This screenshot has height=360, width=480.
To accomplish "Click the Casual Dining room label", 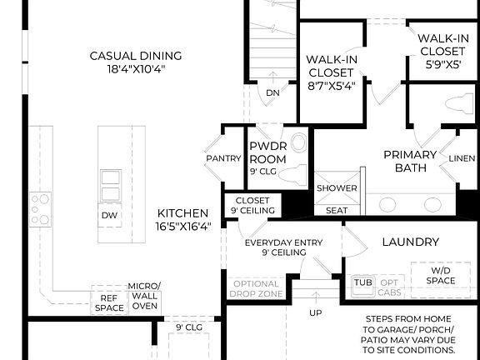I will pyautogui.click(x=136, y=62).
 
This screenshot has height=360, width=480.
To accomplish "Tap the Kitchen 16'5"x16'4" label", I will pyautogui.click(x=183, y=219).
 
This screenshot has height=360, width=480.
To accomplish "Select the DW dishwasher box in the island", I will pyautogui.click(x=110, y=214).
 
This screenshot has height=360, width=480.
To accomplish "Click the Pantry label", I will pyautogui.click(x=222, y=158).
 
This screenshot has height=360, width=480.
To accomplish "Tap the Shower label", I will pyautogui.click(x=336, y=188).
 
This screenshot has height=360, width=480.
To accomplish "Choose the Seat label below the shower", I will pyautogui.click(x=336, y=210).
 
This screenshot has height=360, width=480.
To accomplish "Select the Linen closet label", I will pyautogui.click(x=462, y=158).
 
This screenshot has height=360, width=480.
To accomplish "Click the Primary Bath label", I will pyautogui.click(x=410, y=161).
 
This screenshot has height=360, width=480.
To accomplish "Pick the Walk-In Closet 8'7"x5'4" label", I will pyautogui.click(x=332, y=72).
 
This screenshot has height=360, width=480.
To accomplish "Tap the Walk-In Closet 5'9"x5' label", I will pyautogui.click(x=442, y=50).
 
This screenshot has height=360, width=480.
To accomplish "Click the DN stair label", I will pyautogui.click(x=272, y=93).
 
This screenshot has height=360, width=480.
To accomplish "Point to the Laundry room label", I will pyautogui.click(x=410, y=242).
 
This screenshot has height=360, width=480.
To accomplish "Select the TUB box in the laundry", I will pyautogui.click(x=363, y=282).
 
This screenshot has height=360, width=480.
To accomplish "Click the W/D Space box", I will pyautogui.click(x=442, y=275).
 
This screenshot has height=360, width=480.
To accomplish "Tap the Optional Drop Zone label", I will pyautogui.click(x=256, y=289).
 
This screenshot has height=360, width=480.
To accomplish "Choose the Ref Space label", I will pyautogui.click(x=109, y=302).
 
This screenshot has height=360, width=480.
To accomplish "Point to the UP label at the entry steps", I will pyautogui.click(x=316, y=313).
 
